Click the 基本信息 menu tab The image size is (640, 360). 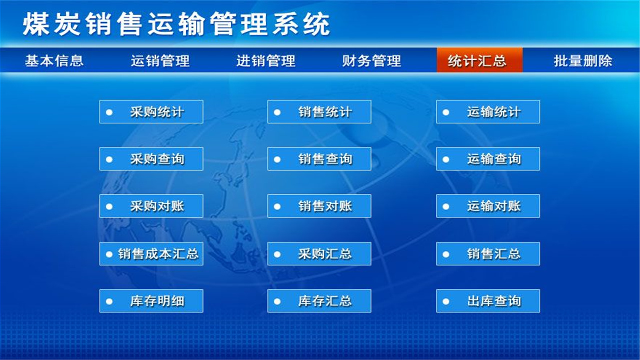(54, 61)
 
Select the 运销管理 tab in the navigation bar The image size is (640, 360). (160, 61)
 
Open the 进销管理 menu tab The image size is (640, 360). (266, 61)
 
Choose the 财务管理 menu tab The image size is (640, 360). (372, 61)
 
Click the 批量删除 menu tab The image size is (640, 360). (583, 61)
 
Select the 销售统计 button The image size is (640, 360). (319, 112)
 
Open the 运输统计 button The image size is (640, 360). (488, 112)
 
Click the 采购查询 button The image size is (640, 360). (151, 159)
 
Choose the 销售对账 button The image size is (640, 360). (319, 206)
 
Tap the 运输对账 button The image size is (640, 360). (488, 206)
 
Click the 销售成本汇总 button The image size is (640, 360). (151, 254)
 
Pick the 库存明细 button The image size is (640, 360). (151, 301)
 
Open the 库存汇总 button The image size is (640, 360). (319, 301)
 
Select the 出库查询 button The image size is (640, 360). (488, 301)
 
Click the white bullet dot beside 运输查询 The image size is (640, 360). (446, 159)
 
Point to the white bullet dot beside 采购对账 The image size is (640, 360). (109, 206)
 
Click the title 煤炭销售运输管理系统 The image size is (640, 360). (176, 25)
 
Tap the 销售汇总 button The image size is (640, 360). (488, 254)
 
